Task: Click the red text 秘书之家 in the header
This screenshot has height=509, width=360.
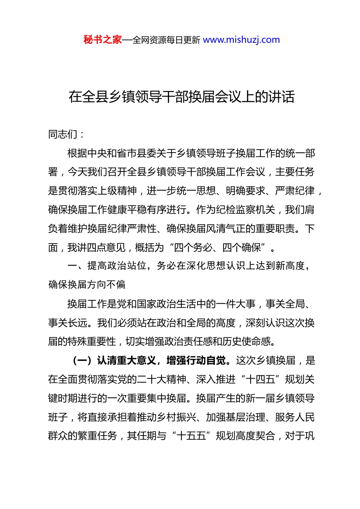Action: point(103,40)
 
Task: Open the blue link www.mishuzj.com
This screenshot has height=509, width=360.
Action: point(241,40)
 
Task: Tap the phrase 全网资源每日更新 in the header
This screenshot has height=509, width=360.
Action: point(166,40)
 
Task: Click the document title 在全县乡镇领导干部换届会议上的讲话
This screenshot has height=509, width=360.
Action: point(182,97)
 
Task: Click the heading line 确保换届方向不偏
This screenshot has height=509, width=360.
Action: point(87,284)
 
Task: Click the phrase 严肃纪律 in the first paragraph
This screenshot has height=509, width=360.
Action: point(295,191)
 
